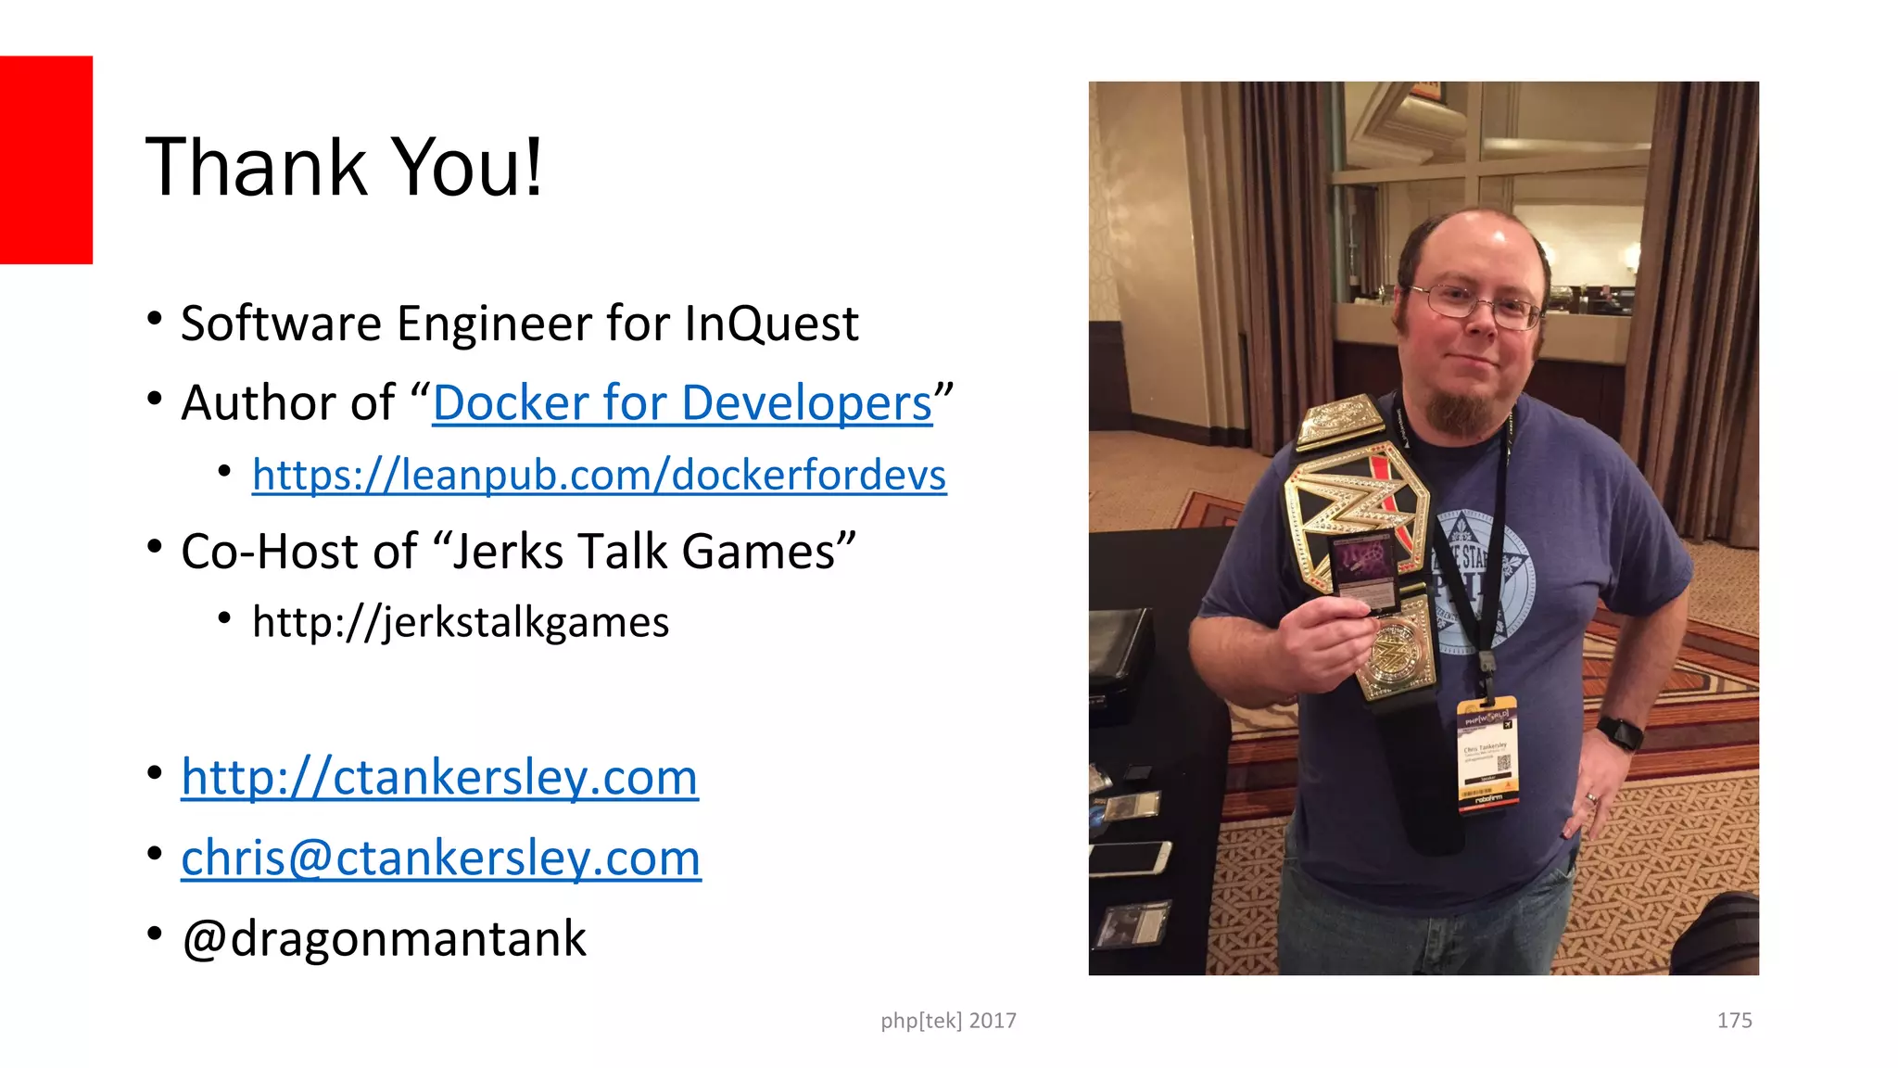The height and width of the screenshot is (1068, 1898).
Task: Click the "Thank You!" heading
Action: (344, 168)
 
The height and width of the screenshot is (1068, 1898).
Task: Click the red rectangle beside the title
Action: (45, 159)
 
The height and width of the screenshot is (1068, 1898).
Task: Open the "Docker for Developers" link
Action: (682, 403)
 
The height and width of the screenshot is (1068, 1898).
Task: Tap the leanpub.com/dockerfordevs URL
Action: (599, 475)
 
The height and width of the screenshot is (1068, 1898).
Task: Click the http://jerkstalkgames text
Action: (460, 622)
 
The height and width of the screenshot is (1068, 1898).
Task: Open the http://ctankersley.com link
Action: (439, 777)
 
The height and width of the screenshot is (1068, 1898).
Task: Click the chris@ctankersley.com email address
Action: (441, 858)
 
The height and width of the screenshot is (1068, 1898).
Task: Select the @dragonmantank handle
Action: (384, 938)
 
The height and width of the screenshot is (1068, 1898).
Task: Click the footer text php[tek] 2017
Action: (948, 1021)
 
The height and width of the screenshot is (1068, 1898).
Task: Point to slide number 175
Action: (1734, 1021)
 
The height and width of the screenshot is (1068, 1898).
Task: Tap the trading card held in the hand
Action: (1364, 571)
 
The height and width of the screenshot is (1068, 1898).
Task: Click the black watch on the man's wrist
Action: (1620, 733)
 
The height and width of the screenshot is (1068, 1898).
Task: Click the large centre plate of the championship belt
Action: (1355, 519)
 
